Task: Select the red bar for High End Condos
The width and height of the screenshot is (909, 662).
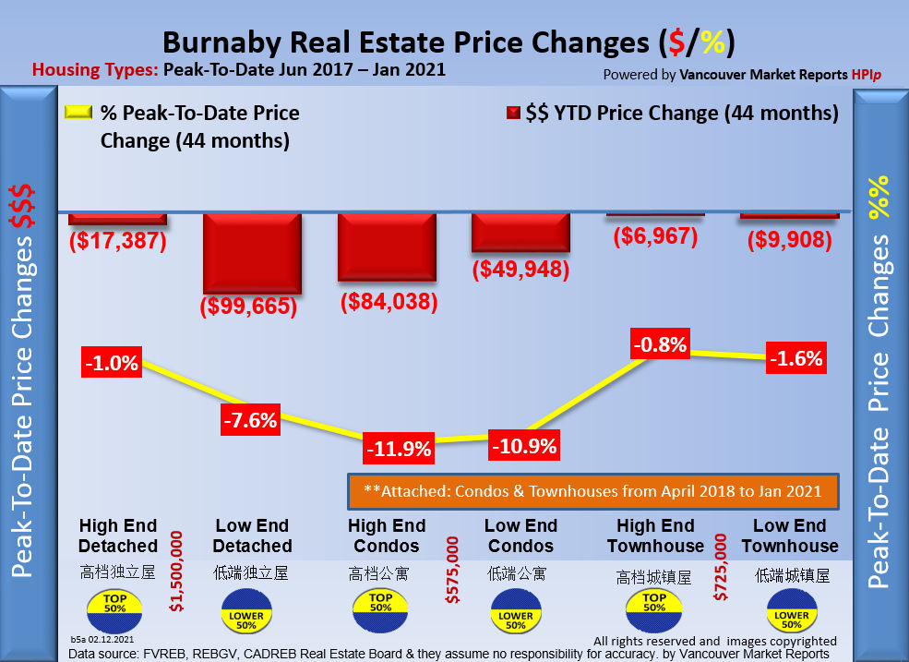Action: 386,246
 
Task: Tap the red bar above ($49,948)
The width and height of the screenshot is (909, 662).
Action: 520,232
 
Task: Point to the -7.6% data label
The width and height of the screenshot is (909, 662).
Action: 249,420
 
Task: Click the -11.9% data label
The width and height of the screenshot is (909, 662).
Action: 399,449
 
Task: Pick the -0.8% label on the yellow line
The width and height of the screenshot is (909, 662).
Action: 660,345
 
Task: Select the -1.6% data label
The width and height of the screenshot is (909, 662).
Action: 795,358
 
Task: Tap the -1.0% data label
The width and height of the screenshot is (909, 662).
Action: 111,363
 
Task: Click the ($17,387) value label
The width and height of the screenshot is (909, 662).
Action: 117,242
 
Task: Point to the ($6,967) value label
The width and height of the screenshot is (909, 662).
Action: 656,236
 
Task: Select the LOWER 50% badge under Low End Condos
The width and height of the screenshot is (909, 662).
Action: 515,615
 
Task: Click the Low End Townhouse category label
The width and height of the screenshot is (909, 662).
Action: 789,536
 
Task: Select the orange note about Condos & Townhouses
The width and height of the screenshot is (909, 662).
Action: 592,491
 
